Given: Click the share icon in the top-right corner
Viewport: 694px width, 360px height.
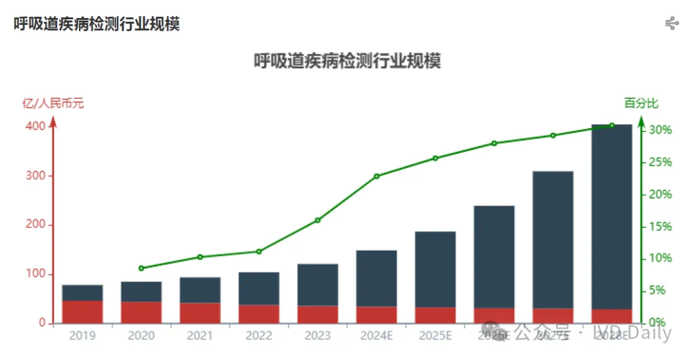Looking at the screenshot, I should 672,24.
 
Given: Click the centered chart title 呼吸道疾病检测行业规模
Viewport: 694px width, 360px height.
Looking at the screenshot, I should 347,61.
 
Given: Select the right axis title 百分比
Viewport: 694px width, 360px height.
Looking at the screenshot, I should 641,103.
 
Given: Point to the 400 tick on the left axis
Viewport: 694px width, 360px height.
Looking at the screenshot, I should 36,126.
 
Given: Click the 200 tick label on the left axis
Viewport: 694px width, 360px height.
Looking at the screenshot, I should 36,225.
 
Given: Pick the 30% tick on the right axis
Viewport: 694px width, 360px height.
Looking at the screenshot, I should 660,130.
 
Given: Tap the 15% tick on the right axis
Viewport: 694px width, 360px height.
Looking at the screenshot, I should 660,226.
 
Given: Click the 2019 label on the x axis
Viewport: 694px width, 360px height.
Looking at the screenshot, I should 82,336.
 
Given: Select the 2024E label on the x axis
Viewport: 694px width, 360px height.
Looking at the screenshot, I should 377,336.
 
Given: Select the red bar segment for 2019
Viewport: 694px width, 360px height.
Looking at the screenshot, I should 82,312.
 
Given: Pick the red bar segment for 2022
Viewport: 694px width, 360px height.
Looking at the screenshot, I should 259,314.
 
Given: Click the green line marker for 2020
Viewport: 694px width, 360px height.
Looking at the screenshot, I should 141,268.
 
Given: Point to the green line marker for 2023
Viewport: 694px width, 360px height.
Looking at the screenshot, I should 317,221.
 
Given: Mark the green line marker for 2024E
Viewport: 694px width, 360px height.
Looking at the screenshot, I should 377,176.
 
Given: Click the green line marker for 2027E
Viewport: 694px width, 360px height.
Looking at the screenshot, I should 553,136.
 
